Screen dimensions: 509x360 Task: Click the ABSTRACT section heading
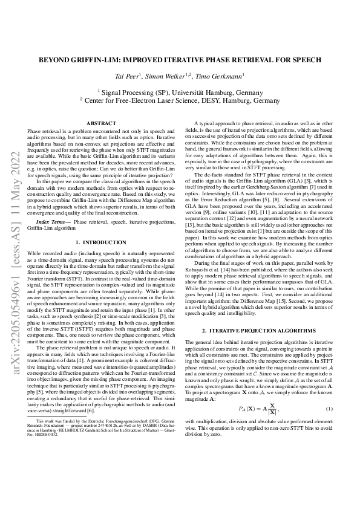(x=101, y=123)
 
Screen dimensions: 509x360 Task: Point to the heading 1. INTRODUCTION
(x=101, y=242)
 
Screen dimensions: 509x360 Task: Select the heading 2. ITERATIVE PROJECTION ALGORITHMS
(x=258, y=331)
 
